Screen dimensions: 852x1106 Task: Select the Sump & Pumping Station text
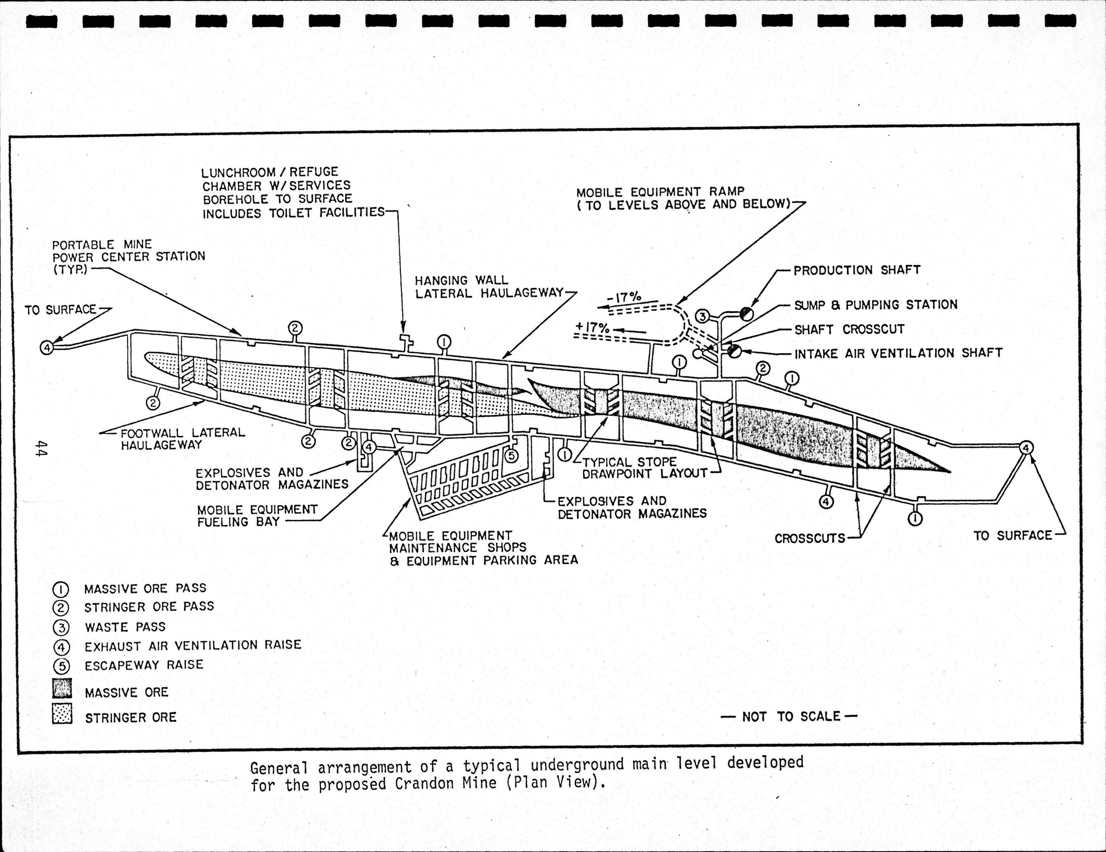[875, 305]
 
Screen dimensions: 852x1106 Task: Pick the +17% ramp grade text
[592, 328]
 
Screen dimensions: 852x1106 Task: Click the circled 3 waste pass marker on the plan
[702, 316]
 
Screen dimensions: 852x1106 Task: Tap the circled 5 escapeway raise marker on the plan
[511, 455]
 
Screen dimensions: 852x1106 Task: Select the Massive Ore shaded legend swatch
[62, 688]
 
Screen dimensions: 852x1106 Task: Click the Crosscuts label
[810, 538]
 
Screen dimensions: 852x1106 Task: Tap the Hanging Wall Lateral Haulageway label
[489, 286]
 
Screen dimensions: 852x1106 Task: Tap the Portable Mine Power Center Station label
[128, 257]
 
